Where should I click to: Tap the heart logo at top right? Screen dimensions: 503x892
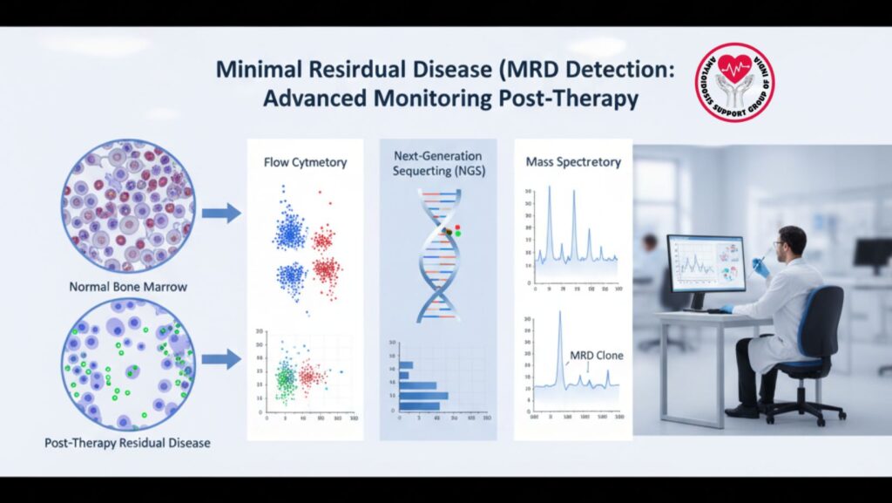pos(733,82)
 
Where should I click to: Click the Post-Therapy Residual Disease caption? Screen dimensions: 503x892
pos(127,443)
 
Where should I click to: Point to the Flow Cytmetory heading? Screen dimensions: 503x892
pos(306,161)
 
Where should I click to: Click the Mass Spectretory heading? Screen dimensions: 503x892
pos(572,161)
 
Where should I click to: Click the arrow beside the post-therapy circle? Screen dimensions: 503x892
pos(220,358)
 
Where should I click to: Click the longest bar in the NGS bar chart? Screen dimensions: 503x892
pos(423,396)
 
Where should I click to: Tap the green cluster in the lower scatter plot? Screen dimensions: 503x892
pos(284,378)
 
